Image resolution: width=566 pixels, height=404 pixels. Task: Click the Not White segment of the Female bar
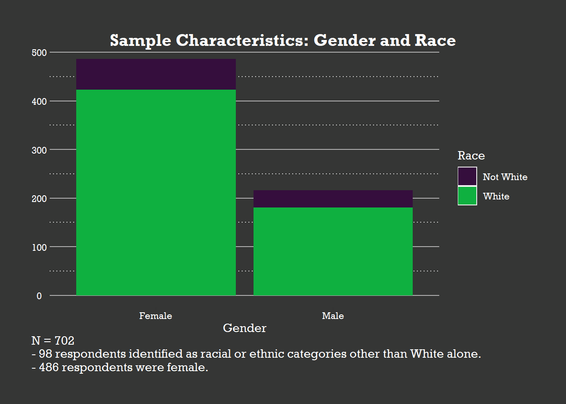(156, 74)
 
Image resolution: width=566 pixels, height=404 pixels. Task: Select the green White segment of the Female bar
(156, 192)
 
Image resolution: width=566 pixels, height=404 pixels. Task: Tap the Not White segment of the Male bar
(333, 199)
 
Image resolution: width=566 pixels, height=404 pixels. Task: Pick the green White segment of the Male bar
(333, 251)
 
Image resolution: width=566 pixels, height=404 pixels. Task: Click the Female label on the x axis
(155, 316)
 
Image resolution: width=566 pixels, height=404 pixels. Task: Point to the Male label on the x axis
(333, 316)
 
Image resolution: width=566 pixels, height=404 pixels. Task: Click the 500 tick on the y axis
(39, 53)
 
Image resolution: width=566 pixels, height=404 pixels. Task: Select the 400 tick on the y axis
(39, 101)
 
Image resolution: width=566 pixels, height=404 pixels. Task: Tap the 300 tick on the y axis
(39, 150)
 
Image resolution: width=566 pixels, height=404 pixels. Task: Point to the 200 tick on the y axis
(39, 199)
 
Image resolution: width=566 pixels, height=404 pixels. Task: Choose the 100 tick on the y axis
(39, 247)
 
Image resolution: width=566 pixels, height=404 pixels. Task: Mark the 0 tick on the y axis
(39, 296)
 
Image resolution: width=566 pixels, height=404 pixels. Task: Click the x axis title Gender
(244, 328)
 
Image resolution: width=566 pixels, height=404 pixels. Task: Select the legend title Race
(471, 156)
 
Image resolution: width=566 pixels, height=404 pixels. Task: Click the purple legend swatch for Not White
(467, 176)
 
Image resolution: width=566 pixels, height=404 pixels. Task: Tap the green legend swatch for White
(467, 196)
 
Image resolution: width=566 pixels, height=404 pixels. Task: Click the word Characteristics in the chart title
(242, 40)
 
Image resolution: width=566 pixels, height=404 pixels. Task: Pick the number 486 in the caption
(48, 367)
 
